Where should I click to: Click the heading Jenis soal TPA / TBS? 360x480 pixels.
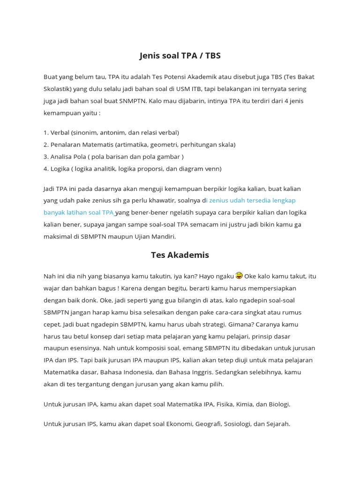click(180, 56)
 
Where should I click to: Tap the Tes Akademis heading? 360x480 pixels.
click(180, 255)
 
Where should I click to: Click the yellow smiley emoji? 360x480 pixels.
click(240, 275)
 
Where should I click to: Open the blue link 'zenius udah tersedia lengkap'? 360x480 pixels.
click(252, 200)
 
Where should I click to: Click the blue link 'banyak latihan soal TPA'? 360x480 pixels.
click(79, 212)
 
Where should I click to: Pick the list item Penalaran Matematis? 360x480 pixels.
click(139, 144)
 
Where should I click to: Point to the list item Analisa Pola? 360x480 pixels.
click(113, 157)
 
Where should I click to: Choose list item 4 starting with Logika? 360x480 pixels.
click(132, 168)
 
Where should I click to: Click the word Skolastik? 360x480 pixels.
click(57, 89)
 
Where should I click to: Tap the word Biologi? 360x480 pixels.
click(277, 404)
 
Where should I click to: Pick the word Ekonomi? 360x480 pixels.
click(180, 424)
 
